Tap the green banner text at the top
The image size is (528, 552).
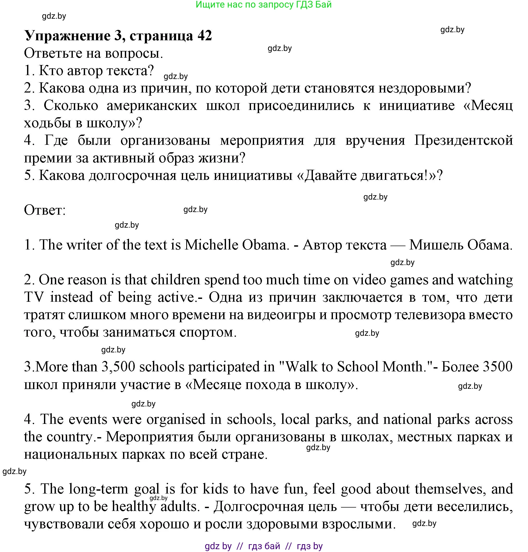[x=263, y=4]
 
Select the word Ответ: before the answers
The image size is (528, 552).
[x=45, y=210]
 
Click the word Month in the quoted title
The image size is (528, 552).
[x=404, y=367]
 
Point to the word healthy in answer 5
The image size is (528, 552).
[x=134, y=507]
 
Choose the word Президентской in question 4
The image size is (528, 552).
[x=463, y=140]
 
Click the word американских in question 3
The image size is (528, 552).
[x=152, y=106]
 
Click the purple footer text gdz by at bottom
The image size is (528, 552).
[x=218, y=546]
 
